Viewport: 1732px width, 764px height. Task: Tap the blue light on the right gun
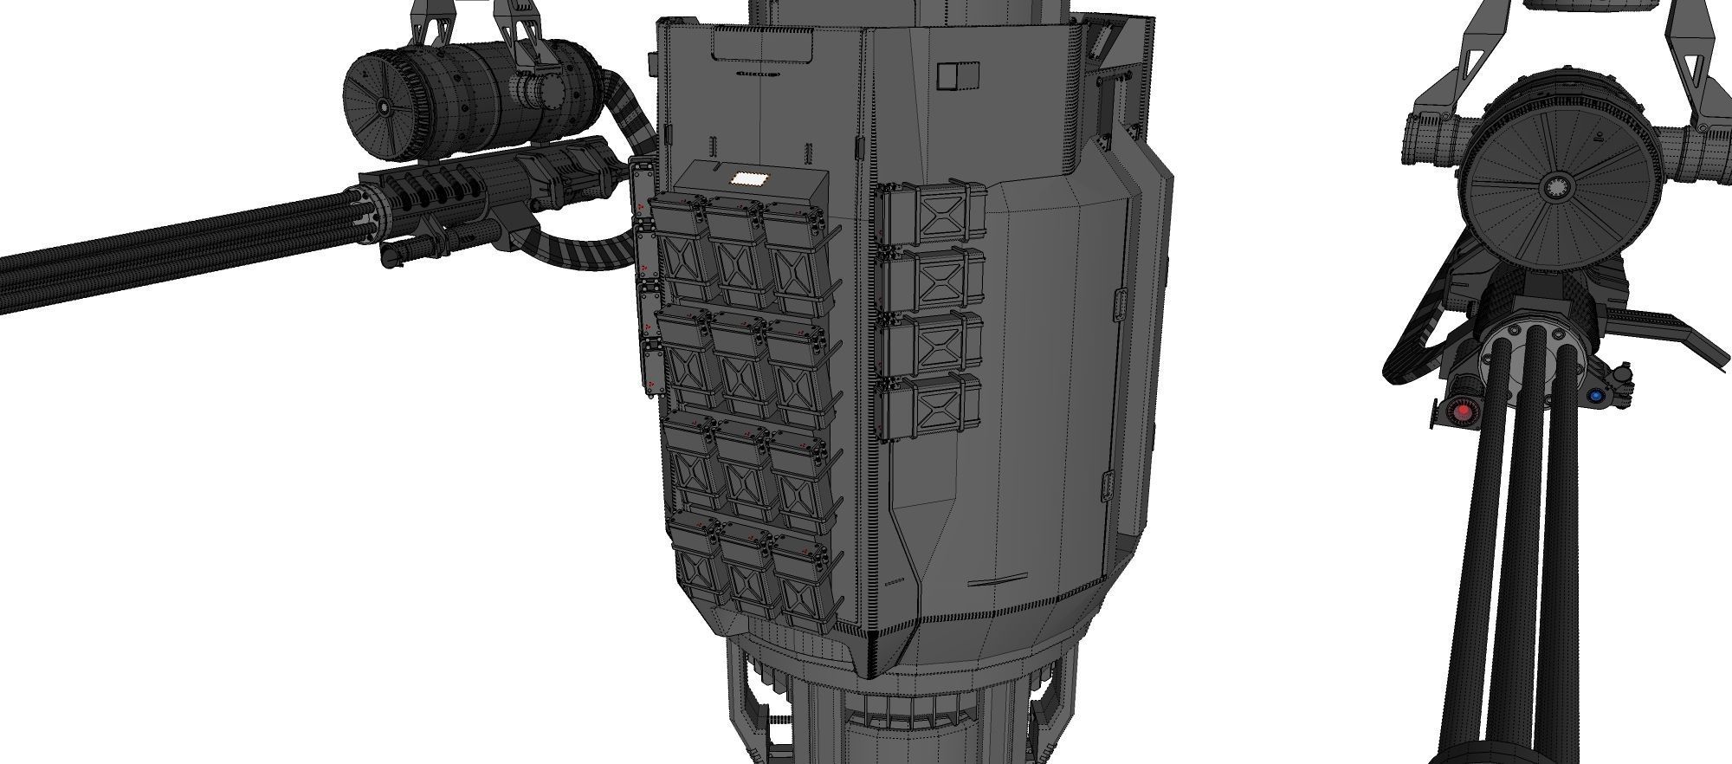[1595, 396]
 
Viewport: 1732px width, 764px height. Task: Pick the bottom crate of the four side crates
[932, 407]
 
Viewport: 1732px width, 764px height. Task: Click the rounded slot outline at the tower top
[762, 43]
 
